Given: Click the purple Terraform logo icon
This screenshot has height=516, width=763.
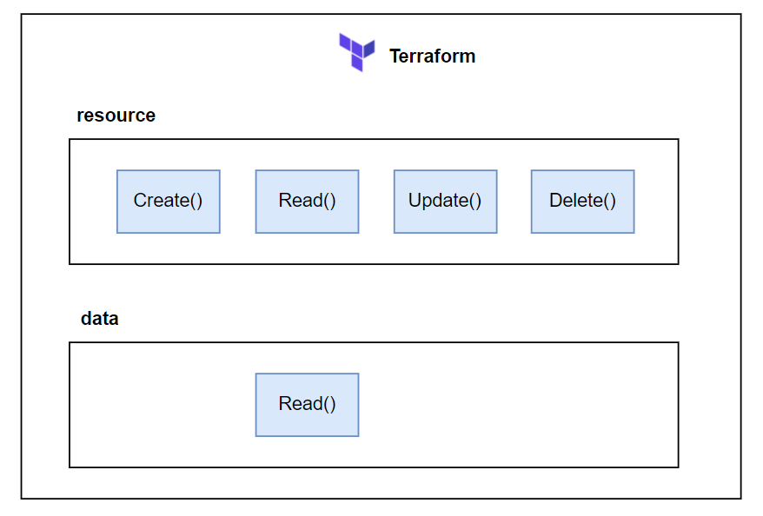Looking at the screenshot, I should tap(356, 51).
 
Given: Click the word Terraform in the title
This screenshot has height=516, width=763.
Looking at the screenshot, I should tap(432, 56).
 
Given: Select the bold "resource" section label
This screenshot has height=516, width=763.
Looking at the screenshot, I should tap(116, 116).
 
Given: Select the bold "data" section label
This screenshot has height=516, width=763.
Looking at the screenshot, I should tap(99, 319).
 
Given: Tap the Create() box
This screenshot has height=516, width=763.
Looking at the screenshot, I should tap(168, 201).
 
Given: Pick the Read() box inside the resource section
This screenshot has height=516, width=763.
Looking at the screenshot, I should tap(307, 201).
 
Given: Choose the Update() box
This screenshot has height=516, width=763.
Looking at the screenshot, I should tap(445, 201).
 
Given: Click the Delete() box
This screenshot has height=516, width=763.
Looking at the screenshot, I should tap(582, 201).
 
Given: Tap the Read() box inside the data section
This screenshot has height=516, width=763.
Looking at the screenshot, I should tap(307, 404).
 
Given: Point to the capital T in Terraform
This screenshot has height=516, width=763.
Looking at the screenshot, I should tap(395, 56).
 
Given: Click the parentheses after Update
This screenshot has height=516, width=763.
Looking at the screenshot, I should tap(475, 201).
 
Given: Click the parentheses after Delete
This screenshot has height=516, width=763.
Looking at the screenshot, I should tap(611, 201).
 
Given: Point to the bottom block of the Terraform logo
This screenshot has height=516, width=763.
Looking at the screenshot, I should tap(357, 63).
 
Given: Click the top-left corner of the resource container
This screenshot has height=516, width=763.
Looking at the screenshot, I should tap(70, 139).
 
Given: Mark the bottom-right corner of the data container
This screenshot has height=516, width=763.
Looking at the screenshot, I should tap(678, 467).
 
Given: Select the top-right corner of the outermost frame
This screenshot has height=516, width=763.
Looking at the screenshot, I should tap(741, 14).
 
